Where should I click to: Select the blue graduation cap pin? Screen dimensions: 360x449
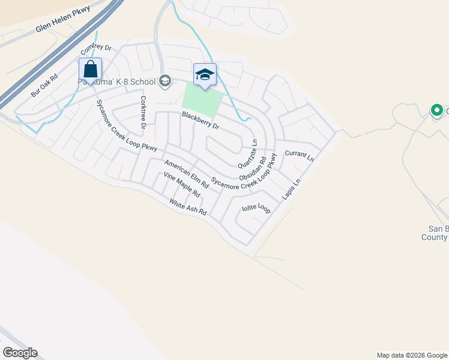tap(205, 74)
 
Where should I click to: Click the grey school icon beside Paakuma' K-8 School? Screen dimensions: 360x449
tap(164, 81)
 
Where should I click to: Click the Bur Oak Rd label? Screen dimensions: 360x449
tap(44, 86)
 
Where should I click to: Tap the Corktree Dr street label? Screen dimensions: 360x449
tap(143, 112)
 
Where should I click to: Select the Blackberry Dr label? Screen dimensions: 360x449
tap(201, 122)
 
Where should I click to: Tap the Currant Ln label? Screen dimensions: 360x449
tap(300, 157)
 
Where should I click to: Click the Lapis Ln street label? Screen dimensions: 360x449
tap(291, 190)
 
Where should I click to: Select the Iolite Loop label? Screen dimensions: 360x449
tap(256, 209)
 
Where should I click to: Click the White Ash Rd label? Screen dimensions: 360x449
tap(188, 208)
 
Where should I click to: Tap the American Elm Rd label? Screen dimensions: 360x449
tap(186, 175)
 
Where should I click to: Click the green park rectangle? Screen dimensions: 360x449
tap(202, 100)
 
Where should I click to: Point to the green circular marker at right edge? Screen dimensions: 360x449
tap(437, 110)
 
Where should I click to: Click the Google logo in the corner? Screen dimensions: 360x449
tap(20, 353)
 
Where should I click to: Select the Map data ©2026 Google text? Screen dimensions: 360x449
tap(412, 355)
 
